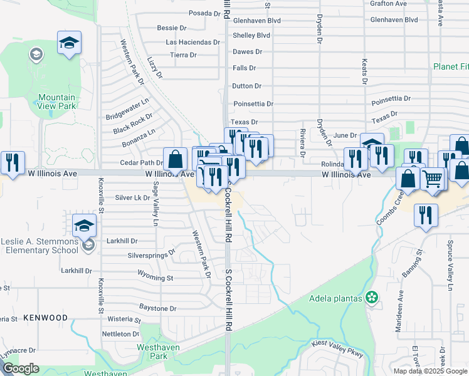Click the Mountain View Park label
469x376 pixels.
click(56, 102)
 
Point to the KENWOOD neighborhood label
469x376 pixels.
click(45, 318)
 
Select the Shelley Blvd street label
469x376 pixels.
click(251, 36)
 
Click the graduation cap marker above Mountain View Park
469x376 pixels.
click(69, 43)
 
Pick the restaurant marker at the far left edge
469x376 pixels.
click(13, 162)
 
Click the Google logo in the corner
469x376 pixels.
click(21, 368)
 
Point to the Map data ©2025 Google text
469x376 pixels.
click(430, 371)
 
